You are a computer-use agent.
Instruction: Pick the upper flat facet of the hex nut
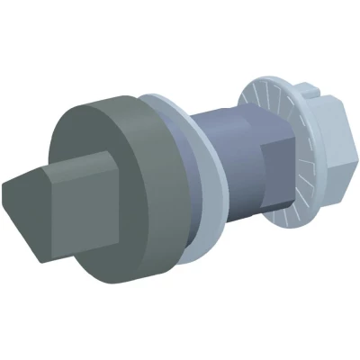click(x=328, y=112)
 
